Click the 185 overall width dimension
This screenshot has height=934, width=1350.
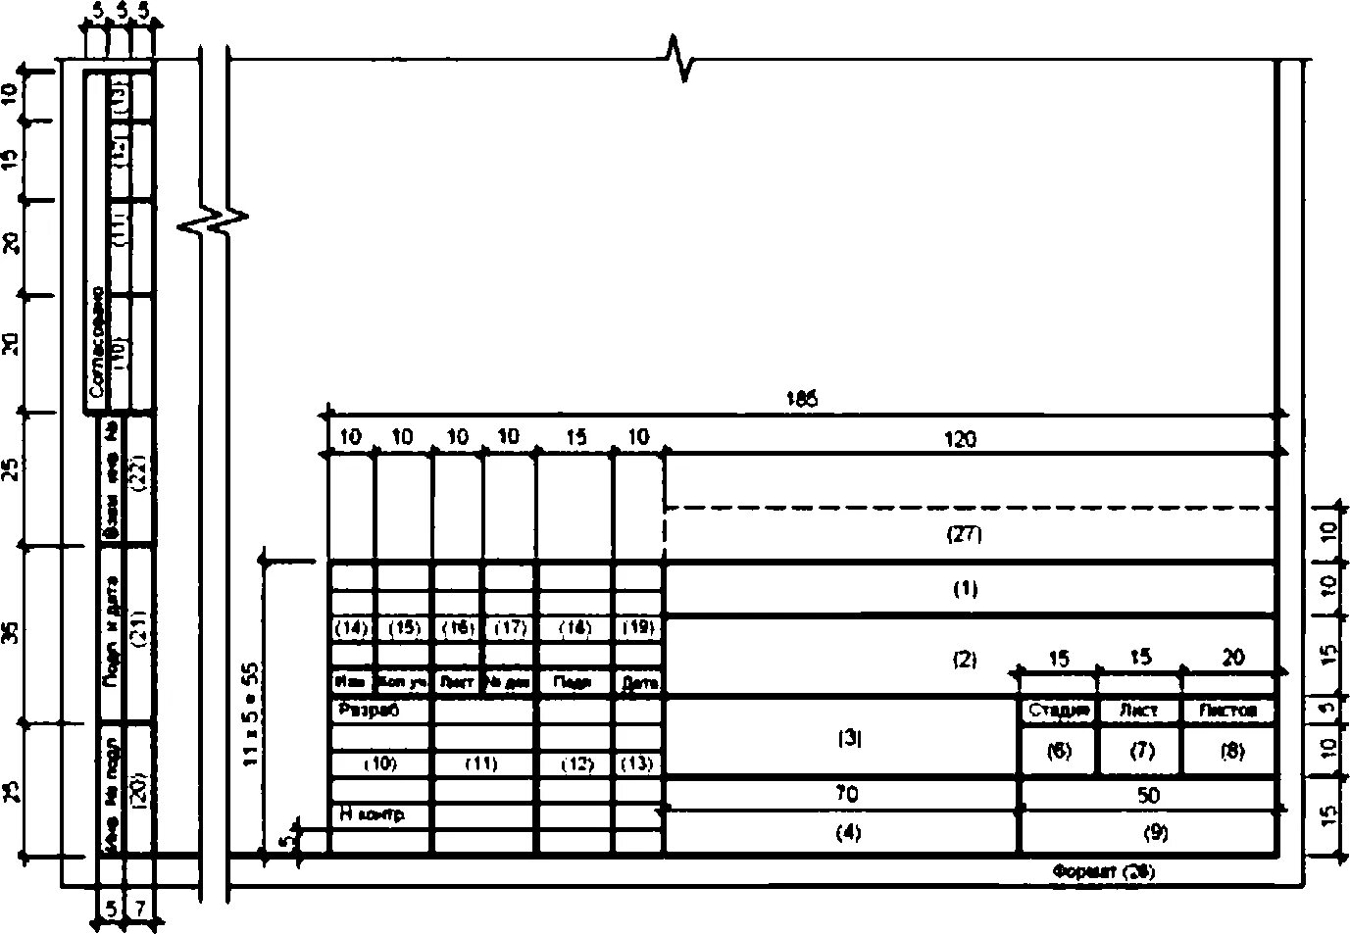(801, 399)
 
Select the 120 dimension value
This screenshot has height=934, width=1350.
(960, 439)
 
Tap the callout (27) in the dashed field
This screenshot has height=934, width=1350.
(964, 535)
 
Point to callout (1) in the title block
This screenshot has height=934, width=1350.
(965, 589)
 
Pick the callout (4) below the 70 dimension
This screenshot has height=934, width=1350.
(847, 833)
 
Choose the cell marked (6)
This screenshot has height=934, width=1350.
(1059, 751)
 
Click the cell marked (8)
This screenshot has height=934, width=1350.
(1230, 751)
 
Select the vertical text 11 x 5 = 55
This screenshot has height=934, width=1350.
(251, 713)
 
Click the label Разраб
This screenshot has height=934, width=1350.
(369, 710)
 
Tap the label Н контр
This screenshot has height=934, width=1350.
(371, 813)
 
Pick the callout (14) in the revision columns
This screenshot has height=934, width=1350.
(350, 628)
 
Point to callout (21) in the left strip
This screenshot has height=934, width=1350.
(138, 634)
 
